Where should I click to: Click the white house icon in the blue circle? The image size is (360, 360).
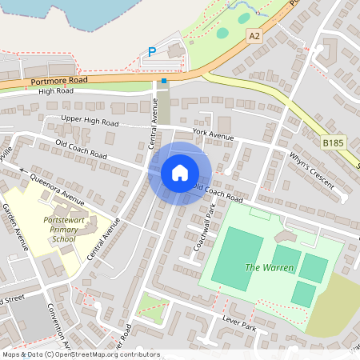click(x=180, y=173)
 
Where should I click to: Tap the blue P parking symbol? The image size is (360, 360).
click(x=151, y=53)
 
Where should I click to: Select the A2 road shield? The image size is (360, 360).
click(x=254, y=35)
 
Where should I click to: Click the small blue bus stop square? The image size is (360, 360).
click(x=164, y=80)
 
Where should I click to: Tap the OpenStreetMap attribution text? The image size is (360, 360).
click(x=80, y=354)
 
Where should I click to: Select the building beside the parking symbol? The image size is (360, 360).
click(x=175, y=53)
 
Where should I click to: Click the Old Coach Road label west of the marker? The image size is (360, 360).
click(x=81, y=147)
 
